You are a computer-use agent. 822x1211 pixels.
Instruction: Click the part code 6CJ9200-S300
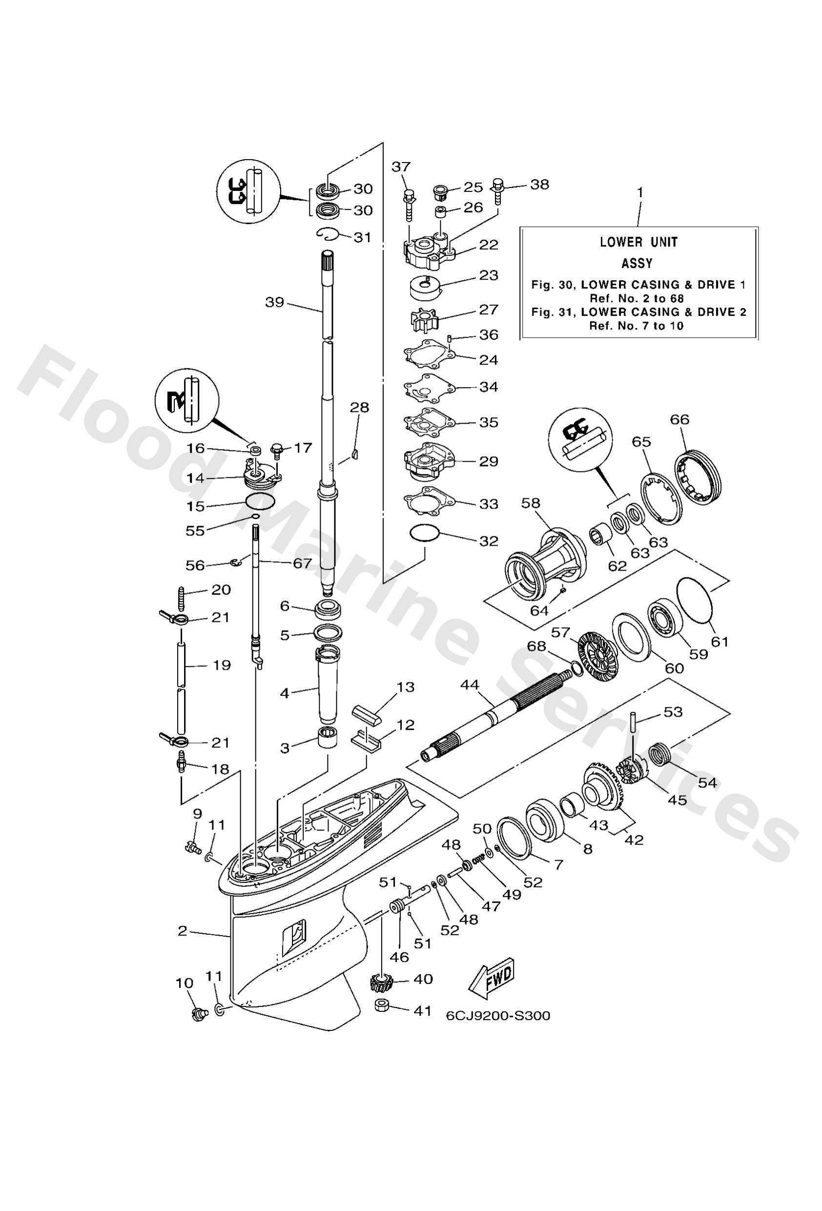tap(497, 1016)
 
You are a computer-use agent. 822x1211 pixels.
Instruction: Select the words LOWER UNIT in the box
tap(638, 242)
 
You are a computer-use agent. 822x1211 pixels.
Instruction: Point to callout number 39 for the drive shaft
tap(274, 302)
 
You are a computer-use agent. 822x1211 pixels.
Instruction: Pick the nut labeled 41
tap(383, 1005)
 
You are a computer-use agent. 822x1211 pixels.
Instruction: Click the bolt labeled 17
tap(277, 449)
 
